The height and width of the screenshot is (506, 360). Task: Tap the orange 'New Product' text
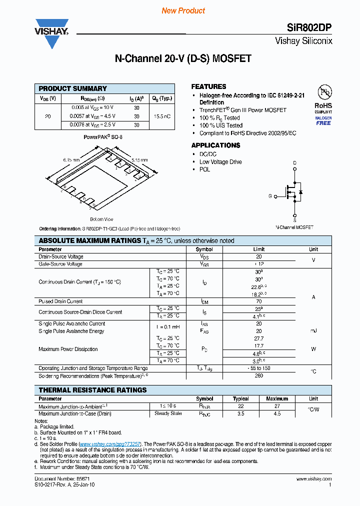183,10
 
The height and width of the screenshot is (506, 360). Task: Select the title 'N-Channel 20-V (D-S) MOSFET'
183,58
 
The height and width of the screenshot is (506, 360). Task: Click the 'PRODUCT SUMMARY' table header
73,88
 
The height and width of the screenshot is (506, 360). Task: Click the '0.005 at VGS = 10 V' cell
92,107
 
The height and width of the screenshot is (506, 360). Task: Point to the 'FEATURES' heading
209,86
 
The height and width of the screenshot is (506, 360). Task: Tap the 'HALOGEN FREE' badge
323,120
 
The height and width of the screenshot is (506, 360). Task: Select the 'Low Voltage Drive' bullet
220,162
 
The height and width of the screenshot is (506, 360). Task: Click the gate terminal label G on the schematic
270,196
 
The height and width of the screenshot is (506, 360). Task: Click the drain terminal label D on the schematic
294,163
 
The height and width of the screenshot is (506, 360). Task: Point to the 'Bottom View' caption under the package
101,219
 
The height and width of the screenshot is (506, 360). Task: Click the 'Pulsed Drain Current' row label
61,301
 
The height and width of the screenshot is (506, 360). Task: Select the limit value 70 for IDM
259,301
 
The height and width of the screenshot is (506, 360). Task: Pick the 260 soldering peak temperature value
259,375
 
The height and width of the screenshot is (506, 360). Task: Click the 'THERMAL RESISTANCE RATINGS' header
93,390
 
